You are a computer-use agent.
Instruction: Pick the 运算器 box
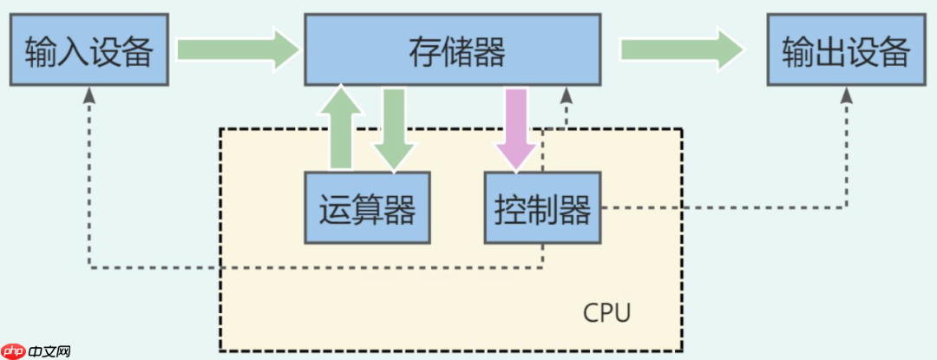(367, 208)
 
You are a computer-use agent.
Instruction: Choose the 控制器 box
(542, 208)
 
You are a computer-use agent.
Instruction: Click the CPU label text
(607, 311)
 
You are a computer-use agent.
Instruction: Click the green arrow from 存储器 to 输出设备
(682, 49)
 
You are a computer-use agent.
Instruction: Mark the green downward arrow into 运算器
(395, 128)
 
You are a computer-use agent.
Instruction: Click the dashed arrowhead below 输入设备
(89, 95)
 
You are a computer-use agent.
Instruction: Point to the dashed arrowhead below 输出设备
(846, 95)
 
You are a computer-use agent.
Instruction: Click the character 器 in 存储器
(489, 52)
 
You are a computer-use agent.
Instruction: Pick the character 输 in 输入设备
(42, 52)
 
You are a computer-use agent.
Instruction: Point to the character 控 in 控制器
(510, 209)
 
